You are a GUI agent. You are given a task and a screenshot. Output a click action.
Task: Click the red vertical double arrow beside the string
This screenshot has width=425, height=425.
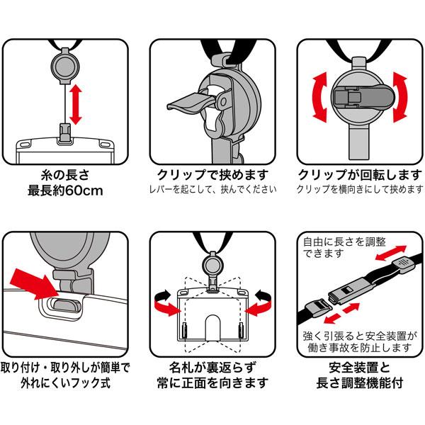coord(76,103)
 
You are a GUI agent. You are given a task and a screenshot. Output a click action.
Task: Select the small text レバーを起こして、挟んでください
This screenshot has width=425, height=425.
coord(212,190)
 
